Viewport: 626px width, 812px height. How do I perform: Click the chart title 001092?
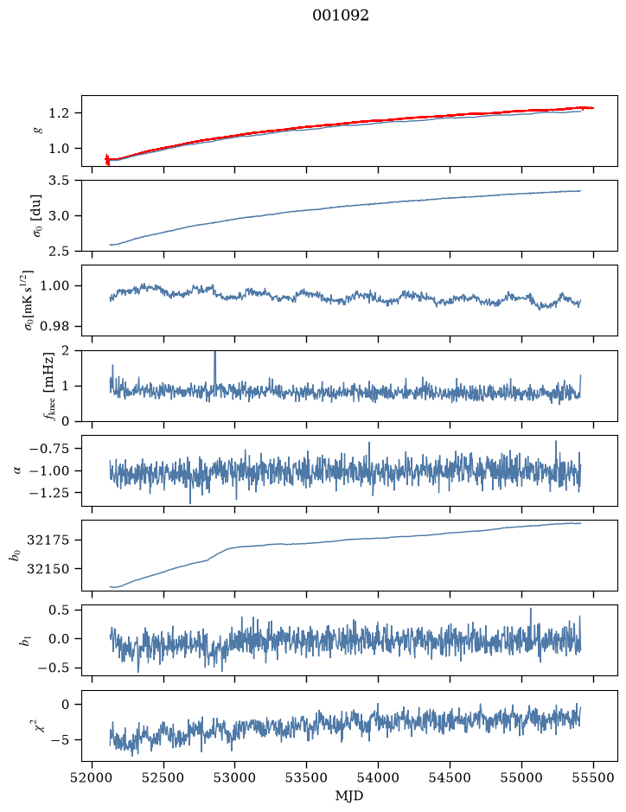pyautogui.click(x=340, y=16)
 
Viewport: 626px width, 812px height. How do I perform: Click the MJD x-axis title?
pyautogui.click(x=349, y=796)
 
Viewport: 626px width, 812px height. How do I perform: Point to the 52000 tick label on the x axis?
pyautogui.click(x=93, y=777)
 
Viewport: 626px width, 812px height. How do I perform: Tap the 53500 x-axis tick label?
pyautogui.click(x=307, y=777)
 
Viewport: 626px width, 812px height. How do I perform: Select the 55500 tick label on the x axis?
pyautogui.click(x=593, y=777)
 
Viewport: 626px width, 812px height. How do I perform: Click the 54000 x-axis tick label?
pyautogui.click(x=378, y=777)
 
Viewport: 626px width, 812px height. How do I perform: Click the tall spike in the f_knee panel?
pyautogui.click(x=215, y=368)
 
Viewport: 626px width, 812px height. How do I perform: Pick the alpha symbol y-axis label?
pyautogui.click(x=18, y=470)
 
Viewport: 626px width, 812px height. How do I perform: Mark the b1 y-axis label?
pyautogui.click(x=24, y=641)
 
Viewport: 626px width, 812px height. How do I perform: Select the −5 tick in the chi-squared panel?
pyautogui.click(x=61, y=740)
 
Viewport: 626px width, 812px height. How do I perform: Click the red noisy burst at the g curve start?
pyautogui.click(x=107, y=159)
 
